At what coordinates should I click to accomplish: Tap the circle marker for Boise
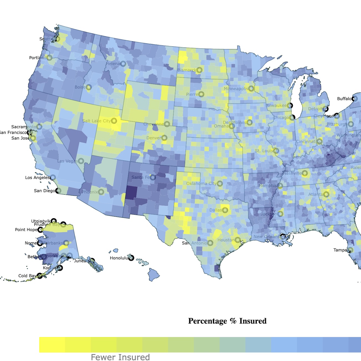pos(89,87)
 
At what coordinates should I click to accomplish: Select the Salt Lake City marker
pos(114,121)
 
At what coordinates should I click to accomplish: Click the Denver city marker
pos(164,138)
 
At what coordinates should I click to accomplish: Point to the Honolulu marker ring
pos(131,258)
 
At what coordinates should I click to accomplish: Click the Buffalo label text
pos(344,99)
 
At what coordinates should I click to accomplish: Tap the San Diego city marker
pos(58,191)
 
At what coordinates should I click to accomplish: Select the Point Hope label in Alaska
pos(26,230)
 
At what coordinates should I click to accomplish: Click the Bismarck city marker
pos(199,70)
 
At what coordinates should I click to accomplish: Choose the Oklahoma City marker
pos(220,184)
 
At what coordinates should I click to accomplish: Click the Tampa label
pos(340,250)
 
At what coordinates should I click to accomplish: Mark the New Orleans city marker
pos(283,237)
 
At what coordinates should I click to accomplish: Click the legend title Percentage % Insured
pos(227,321)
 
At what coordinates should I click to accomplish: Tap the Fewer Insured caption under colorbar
pos(120,357)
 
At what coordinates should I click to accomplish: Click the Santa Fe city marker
pos(153,177)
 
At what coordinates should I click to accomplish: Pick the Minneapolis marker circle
pos(251,89)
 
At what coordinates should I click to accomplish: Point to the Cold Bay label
pos(27,276)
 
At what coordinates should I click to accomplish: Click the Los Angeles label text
pos(37,177)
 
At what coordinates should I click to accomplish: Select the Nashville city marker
pos(305,173)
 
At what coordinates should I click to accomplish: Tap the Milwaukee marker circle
pos(290,105)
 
